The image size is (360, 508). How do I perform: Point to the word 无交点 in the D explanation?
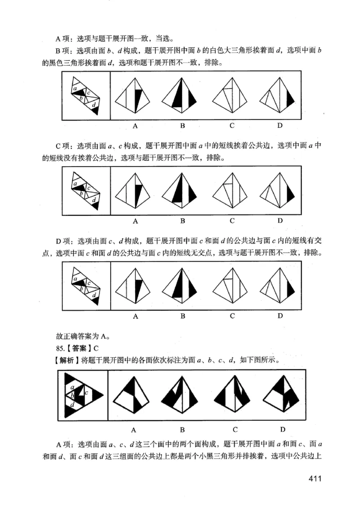click(x=194, y=253)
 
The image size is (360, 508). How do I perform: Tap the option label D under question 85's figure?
click(x=283, y=429)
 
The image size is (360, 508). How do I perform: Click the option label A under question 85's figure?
click(x=134, y=429)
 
